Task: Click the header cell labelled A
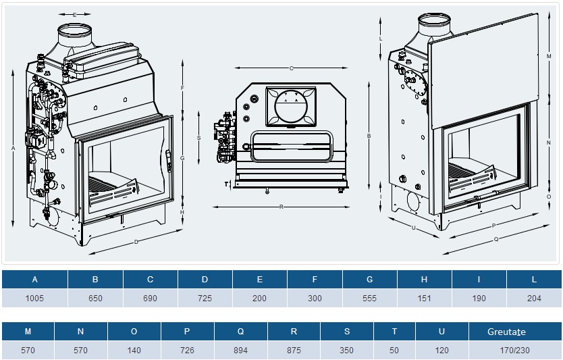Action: [34, 279]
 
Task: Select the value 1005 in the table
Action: [34, 298]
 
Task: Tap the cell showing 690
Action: [150, 298]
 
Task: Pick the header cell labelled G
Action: [369, 279]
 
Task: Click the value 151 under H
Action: [424, 298]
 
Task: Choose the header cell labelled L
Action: [533, 279]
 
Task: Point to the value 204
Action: [533, 298]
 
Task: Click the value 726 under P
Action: [188, 351]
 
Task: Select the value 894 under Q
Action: [240, 351]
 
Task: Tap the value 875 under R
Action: [294, 351]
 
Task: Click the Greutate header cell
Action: [506, 332]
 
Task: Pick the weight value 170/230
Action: [506, 351]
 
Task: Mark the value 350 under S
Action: [347, 351]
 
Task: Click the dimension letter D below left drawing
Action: [136, 241]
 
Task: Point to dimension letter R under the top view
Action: [281, 207]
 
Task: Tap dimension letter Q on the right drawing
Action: [496, 238]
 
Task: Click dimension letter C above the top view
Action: [291, 68]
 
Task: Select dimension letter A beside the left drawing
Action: [14, 147]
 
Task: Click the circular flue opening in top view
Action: [291, 106]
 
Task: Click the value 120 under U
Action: [441, 351]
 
